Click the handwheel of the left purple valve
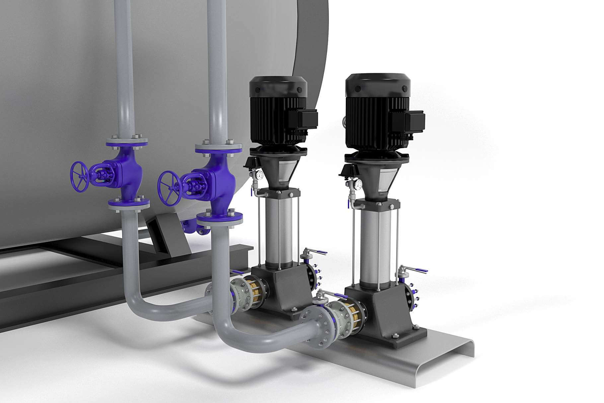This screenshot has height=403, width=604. [80, 177]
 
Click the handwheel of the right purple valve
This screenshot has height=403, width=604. [169, 188]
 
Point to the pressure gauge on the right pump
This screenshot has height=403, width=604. [358, 185]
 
